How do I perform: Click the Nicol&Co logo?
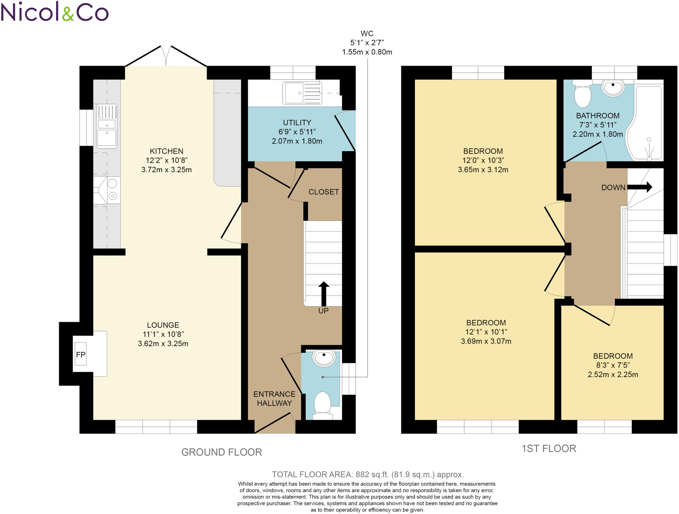point(55,12)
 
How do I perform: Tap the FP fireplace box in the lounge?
point(81,354)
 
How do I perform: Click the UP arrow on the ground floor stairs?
point(324,294)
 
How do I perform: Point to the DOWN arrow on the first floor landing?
point(640,187)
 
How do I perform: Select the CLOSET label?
point(324,192)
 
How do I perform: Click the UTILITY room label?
point(297,123)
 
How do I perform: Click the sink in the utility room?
point(302,93)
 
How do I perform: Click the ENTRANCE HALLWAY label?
point(274,398)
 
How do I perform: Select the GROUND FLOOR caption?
point(221,452)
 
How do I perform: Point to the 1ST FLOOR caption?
point(549,448)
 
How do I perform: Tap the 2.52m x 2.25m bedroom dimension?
point(613,375)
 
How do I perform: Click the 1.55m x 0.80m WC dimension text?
point(367,52)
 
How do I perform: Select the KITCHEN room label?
point(166,151)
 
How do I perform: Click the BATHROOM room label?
point(598,116)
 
